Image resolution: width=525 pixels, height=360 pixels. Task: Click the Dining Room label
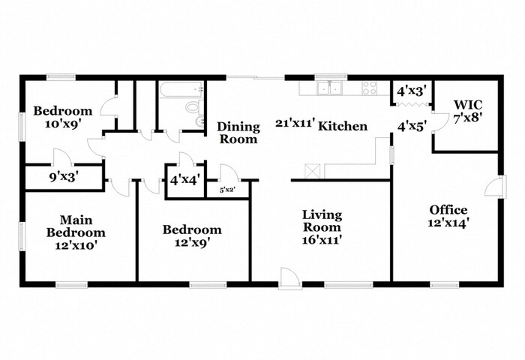[x=238, y=133]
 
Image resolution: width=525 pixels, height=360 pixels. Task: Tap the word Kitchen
[x=343, y=126]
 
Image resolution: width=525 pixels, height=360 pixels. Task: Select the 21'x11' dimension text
[x=295, y=123]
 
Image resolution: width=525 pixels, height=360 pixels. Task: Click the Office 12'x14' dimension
[x=448, y=222]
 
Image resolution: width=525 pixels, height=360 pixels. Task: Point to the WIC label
[x=468, y=105]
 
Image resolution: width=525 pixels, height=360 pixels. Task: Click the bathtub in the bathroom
[x=181, y=89]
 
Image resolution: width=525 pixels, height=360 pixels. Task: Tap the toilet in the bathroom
[x=194, y=107]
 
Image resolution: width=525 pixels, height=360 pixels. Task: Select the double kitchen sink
[x=330, y=88]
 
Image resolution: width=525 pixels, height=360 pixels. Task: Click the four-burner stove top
[x=370, y=88]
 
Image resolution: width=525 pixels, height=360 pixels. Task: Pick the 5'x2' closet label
[x=228, y=190]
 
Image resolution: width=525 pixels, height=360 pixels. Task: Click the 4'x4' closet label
[x=185, y=180]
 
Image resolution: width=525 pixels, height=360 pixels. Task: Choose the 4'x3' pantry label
[x=412, y=91]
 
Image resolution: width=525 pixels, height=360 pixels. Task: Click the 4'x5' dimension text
[x=412, y=127]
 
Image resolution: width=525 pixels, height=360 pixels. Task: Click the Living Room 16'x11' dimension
[x=322, y=239]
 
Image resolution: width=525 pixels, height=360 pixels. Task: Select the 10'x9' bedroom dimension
[x=63, y=124]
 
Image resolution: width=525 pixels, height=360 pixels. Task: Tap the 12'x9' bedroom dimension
[x=192, y=242]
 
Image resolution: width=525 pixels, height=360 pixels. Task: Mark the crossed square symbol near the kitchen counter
[x=313, y=171]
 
